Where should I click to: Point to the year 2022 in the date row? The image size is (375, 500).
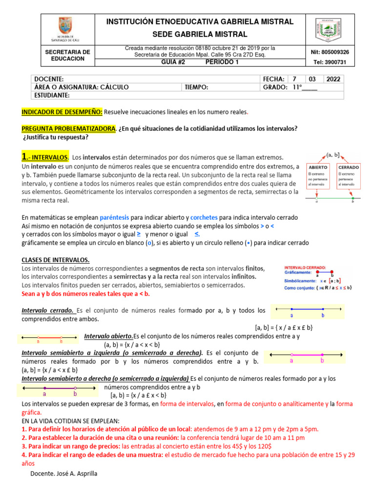click(x=333, y=79)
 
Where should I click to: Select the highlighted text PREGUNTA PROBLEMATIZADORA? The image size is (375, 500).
click(x=69, y=129)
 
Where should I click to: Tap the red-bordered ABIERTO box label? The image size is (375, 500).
click(x=317, y=167)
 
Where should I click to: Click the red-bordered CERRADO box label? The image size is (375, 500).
click(x=349, y=167)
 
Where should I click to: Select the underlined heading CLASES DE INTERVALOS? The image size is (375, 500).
click(x=56, y=260)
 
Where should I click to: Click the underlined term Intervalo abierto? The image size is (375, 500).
click(x=108, y=336)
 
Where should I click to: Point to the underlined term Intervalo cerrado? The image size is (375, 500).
click(x=48, y=310)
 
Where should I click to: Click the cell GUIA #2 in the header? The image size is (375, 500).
click(x=174, y=62)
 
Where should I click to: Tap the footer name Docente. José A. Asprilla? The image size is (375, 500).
click(x=63, y=474)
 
